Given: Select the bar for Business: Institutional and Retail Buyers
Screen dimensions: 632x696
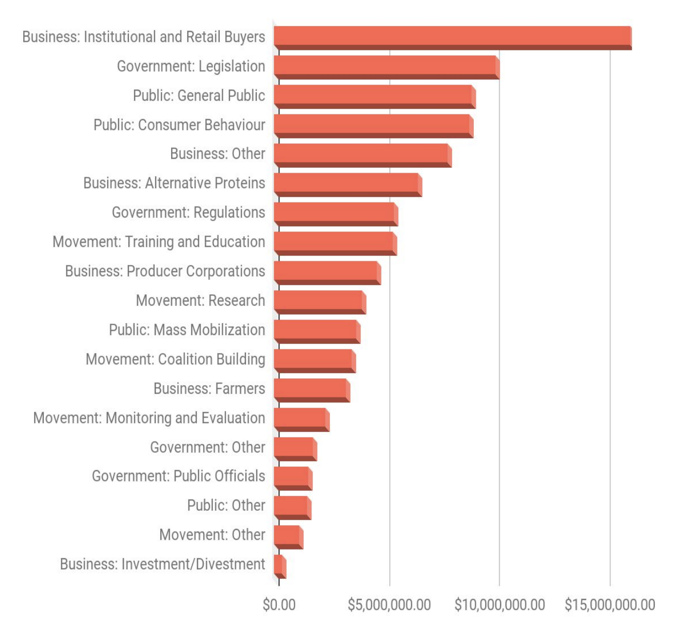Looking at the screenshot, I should (x=453, y=38).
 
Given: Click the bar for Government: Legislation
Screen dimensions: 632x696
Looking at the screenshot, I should (x=387, y=67).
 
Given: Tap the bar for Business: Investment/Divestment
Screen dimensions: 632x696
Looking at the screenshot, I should (x=279, y=566).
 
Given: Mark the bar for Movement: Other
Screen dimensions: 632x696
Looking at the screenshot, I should (x=288, y=537).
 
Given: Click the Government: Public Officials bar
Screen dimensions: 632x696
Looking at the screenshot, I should (x=293, y=478).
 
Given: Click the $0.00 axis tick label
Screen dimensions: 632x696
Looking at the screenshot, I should (x=279, y=605).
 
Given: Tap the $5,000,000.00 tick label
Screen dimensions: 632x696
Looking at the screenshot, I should (x=389, y=605).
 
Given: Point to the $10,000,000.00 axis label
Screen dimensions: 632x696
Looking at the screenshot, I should (x=499, y=605).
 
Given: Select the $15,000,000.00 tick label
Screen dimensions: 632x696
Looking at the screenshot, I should (x=609, y=605).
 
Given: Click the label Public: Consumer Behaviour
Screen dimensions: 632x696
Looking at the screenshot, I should (x=179, y=125).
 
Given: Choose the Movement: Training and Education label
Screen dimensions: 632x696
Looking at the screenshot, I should (x=159, y=242).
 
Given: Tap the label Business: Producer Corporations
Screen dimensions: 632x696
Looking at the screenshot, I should (x=165, y=271).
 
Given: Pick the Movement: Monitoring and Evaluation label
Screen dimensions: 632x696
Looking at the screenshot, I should (x=149, y=418).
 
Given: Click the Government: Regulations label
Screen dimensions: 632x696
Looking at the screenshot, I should (x=188, y=212).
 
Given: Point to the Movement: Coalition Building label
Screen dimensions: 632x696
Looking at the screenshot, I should (x=175, y=359).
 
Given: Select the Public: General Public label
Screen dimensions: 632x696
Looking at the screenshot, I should (x=198, y=96).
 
